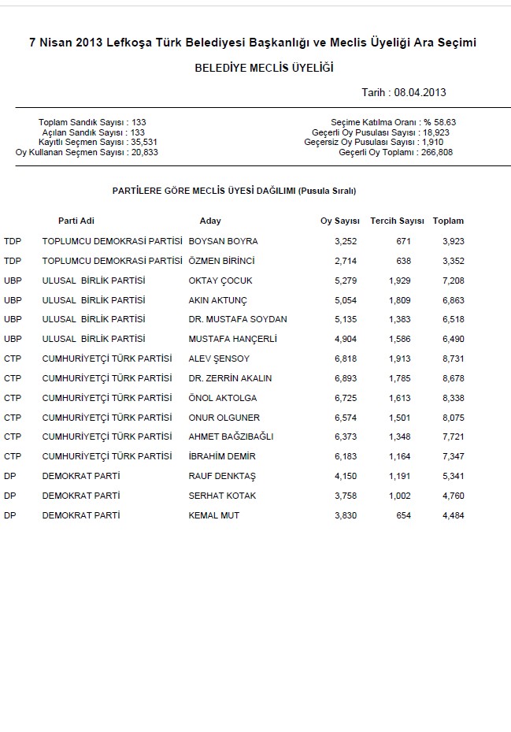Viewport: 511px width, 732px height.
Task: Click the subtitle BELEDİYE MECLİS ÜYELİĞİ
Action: click(x=264, y=69)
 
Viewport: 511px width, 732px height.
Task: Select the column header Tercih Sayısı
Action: click(x=398, y=221)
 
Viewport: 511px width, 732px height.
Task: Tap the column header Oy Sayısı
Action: click(x=340, y=221)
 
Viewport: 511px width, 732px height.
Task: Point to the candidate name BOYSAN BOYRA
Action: click(x=224, y=241)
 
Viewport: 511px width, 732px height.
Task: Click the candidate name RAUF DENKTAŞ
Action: click(x=223, y=476)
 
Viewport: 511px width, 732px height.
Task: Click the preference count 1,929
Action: click(x=400, y=281)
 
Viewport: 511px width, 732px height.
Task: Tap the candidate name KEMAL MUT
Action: click(x=214, y=515)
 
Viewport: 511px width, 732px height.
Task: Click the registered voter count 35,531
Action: click(x=145, y=142)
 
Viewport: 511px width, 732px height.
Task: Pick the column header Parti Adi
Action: click(x=76, y=221)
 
